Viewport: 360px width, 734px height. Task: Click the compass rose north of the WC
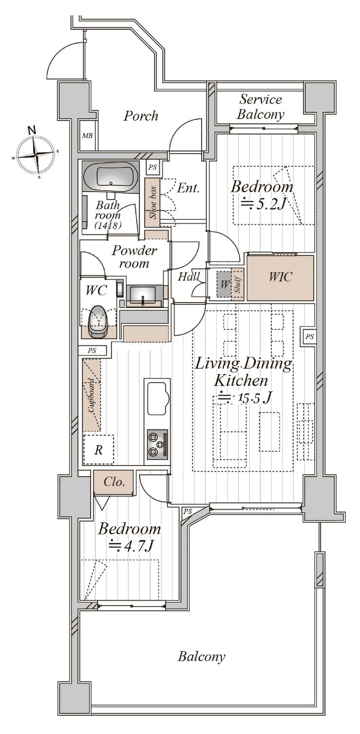click(x=35, y=153)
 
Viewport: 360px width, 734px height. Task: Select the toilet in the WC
click(x=99, y=322)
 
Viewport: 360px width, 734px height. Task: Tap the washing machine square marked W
click(x=224, y=284)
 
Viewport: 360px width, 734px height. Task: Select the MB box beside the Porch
click(x=87, y=135)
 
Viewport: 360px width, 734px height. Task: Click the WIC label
click(x=280, y=277)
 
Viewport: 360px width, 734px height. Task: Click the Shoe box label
click(x=153, y=202)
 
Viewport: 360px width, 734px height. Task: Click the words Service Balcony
click(x=261, y=107)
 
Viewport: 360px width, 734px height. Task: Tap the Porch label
click(x=141, y=116)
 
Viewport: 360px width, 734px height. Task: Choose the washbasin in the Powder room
click(x=144, y=294)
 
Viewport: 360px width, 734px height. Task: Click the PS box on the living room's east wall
click(x=310, y=336)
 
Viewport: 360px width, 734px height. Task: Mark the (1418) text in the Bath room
click(x=108, y=225)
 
